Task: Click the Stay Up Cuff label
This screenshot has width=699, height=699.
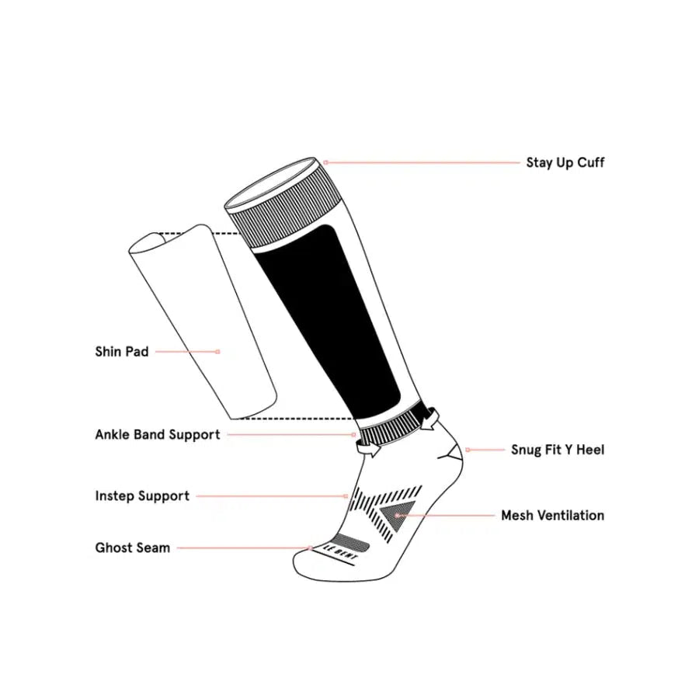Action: pos(565,163)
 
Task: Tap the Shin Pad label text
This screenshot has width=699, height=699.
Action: pos(122,352)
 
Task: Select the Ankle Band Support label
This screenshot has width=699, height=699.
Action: pos(158,435)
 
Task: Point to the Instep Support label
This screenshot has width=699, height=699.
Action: pos(142,496)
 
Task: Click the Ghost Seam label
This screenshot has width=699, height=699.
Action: pos(132,548)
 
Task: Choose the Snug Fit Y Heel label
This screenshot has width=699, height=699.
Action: pos(558,450)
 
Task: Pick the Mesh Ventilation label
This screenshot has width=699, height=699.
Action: pos(553,516)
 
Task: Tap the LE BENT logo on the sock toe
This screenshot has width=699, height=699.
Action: pos(341,552)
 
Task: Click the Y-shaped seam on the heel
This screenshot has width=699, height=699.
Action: pos(450,451)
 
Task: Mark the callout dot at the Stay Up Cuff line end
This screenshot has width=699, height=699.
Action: pos(326,163)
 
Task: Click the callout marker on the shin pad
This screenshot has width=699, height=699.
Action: pos(218,352)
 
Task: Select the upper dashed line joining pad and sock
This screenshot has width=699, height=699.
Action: pos(199,233)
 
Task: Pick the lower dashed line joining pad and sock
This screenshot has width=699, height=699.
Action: pos(295,419)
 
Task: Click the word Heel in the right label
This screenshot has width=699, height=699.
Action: pos(590,450)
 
